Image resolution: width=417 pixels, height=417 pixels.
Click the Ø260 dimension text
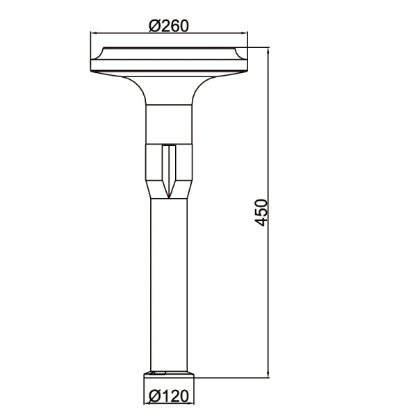click(x=169, y=26)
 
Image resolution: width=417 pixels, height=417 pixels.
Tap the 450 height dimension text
click(x=261, y=212)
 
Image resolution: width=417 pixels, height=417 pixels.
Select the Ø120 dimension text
click(x=169, y=396)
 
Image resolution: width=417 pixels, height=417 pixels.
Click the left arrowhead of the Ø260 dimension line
click(x=94, y=33)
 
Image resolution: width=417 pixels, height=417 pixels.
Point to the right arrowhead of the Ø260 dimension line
click(x=244, y=33)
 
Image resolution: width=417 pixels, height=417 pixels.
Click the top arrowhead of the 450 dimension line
click(x=268, y=51)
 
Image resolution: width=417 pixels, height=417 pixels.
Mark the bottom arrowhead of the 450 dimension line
click(x=268, y=374)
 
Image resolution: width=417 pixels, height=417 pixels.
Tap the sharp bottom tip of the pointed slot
click(x=169, y=198)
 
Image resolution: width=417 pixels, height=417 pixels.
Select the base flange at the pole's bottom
click(x=169, y=375)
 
